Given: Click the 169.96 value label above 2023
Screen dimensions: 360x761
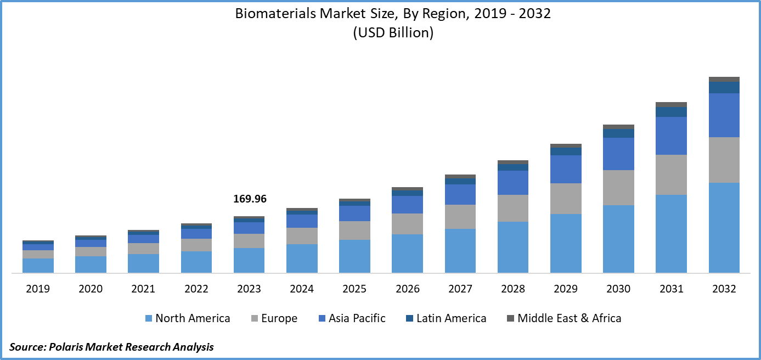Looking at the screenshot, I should coord(250,199).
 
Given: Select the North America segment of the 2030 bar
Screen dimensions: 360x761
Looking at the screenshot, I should coord(618,239).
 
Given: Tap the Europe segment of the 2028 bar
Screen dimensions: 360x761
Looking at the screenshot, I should coord(513,208).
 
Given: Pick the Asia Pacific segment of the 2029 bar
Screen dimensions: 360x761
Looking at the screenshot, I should coord(566,169).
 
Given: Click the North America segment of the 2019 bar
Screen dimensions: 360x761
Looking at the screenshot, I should coord(38,266).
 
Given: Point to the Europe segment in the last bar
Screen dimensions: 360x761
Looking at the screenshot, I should coord(724,160).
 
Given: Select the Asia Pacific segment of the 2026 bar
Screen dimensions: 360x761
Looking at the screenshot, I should coord(408,204).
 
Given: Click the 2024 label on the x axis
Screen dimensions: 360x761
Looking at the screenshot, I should coord(302,289).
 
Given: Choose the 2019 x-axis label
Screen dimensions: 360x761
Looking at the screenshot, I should coord(38,289).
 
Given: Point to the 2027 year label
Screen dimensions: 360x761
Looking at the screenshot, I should coord(460,289).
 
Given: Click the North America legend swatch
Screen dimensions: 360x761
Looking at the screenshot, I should coord(148,318).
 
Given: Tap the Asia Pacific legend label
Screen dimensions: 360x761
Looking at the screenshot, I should coord(357,318).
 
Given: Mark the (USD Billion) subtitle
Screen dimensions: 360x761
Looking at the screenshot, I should coord(393,33).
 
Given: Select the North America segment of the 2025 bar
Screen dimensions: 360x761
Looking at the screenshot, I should coord(354,256).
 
